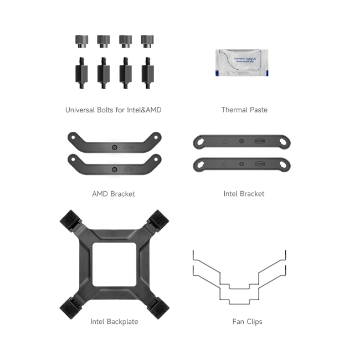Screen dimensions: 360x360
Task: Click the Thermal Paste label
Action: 244,110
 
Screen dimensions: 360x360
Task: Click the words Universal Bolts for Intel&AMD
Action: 114,110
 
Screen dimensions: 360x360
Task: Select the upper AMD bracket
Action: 114,142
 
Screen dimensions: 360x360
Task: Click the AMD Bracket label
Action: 114,194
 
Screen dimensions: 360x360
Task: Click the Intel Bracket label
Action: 244,194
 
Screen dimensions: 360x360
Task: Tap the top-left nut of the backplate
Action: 72,219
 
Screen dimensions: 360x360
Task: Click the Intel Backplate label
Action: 114,321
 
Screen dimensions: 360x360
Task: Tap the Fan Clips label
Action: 248,321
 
